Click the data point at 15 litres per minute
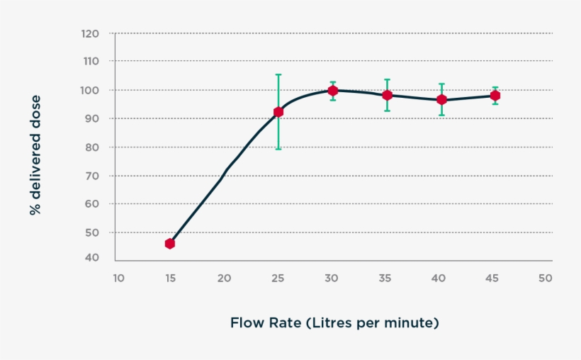(170, 244)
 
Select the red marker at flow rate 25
(278, 112)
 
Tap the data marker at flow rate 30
(333, 91)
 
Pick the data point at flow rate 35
(387, 95)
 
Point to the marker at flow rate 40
(441, 100)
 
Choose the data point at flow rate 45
(495, 96)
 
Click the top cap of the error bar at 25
(278, 74)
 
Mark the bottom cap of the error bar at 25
(278, 149)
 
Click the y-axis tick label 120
(90, 33)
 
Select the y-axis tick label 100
(90, 90)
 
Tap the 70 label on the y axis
(93, 175)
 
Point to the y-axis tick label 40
(93, 258)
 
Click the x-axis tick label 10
(118, 279)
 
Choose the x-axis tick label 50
(545, 279)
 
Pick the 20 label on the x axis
(224, 279)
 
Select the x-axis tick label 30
(332, 279)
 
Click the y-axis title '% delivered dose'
(35, 155)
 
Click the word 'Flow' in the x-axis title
(247, 323)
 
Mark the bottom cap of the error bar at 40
(441, 115)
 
